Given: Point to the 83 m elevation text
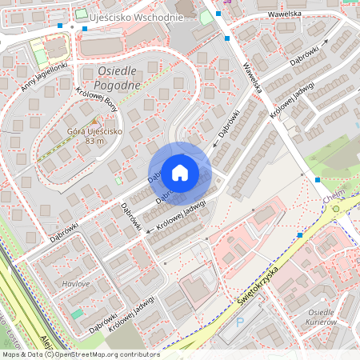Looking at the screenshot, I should click(x=94, y=142).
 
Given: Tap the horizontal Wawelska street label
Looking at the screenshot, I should click(x=284, y=14).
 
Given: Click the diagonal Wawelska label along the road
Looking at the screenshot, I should click(x=253, y=74).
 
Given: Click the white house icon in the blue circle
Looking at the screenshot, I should click(x=180, y=172).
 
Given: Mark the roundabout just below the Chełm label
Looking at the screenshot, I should click(x=335, y=209).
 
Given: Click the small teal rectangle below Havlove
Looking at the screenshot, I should click(x=77, y=314).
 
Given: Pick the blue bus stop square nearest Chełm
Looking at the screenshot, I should click(x=318, y=180).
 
